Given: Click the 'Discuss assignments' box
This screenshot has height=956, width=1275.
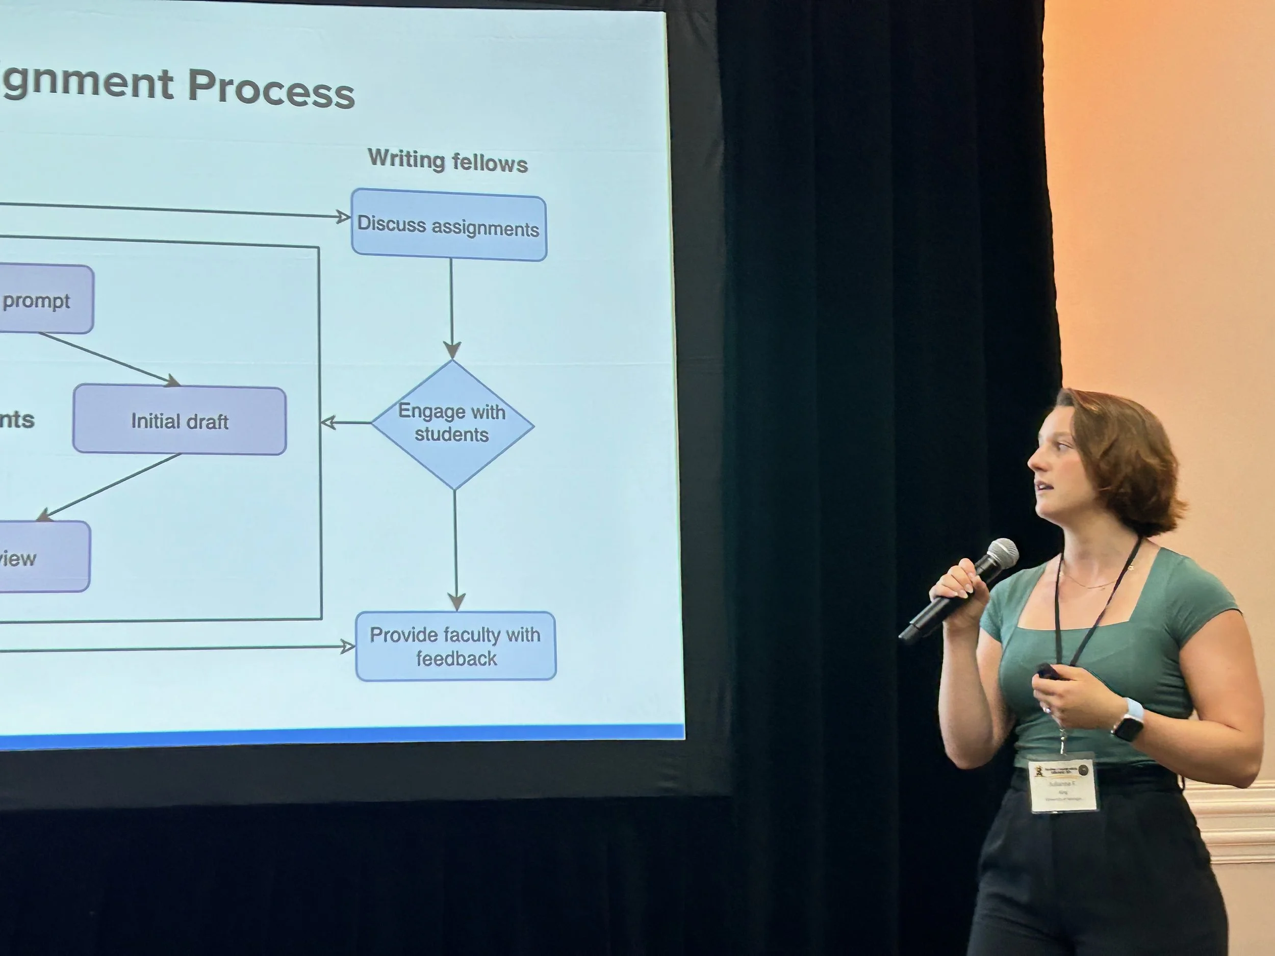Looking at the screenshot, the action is (448, 226).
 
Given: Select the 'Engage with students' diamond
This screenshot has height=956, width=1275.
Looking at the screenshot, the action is (452, 425).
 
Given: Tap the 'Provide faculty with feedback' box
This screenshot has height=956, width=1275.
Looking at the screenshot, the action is (455, 646).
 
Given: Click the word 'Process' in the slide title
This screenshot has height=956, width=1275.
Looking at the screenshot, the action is (271, 88).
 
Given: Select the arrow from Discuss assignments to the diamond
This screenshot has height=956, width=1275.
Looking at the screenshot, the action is (451, 305).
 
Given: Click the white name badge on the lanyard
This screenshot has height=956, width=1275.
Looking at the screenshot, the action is (1062, 784).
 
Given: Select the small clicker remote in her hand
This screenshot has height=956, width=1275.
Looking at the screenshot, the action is (1047, 671).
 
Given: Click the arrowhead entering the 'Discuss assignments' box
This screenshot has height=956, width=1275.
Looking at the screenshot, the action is (344, 217).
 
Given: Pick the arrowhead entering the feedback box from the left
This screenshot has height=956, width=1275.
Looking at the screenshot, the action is (348, 647).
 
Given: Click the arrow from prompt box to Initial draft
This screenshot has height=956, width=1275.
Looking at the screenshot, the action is (110, 358).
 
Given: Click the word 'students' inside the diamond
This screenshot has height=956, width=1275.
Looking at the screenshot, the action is (451, 434).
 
